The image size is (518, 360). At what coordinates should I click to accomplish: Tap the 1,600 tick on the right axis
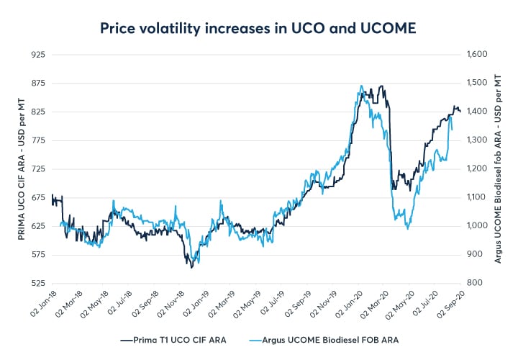(478, 54)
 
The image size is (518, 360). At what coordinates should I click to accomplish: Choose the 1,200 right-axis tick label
(478, 168)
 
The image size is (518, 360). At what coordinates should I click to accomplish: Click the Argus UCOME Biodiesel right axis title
(499, 168)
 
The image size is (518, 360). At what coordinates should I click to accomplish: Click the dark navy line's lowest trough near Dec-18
(191, 267)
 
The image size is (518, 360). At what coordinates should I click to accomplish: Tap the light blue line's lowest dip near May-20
(408, 229)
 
